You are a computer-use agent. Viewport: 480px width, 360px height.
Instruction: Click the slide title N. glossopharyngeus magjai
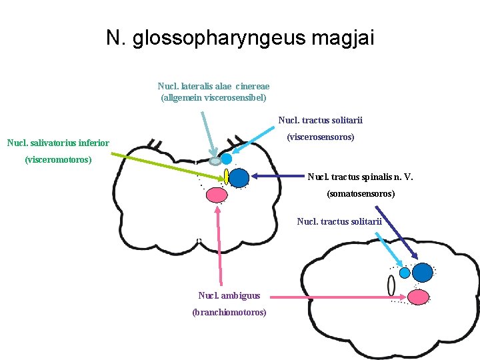[x=240, y=38]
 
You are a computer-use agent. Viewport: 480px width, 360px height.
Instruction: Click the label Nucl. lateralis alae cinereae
[x=213, y=86]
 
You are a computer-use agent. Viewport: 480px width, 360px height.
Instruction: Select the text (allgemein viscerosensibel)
[x=213, y=97]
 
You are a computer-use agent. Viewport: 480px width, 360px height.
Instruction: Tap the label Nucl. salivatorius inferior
[x=57, y=142]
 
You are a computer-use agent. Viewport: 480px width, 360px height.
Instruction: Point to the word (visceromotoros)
[x=57, y=159]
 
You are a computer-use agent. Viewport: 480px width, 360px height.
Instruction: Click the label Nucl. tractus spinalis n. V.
[x=359, y=177]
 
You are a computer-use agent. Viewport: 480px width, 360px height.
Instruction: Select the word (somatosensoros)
[x=360, y=194]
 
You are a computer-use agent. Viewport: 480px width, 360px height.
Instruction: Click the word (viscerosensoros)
[x=320, y=137]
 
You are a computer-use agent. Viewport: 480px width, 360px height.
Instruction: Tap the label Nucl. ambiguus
[x=229, y=295]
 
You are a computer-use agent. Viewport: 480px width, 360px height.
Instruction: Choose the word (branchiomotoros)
[x=229, y=312]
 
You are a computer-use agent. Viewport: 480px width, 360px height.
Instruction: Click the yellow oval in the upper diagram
[x=227, y=177]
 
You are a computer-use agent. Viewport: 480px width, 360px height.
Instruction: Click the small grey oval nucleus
[x=215, y=161]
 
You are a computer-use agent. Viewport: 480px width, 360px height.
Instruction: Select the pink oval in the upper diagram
[x=216, y=195]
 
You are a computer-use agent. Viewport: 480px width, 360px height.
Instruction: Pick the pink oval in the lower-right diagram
[x=418, y=296]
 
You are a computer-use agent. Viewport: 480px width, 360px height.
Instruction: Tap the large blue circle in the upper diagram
[x=239, y=177]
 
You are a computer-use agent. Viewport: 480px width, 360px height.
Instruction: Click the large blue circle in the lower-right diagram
[x=422, y=273]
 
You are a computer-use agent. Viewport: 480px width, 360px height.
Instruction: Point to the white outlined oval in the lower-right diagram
[x=391, y=285]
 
